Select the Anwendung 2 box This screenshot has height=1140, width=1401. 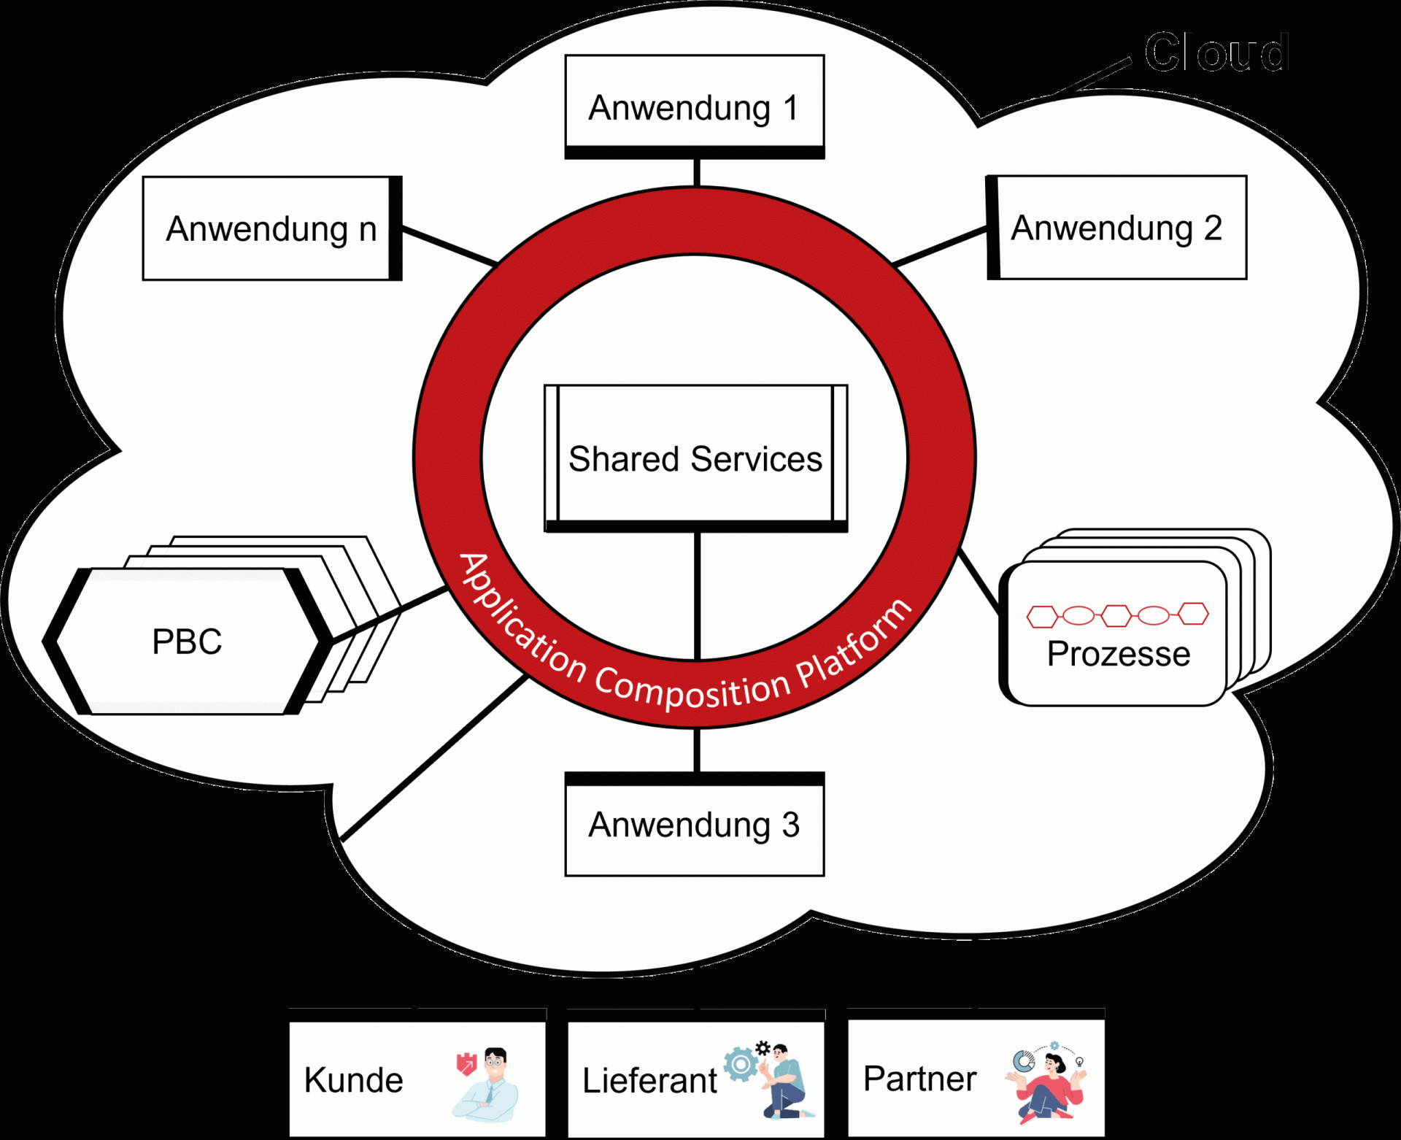1116,228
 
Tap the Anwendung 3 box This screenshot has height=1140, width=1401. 695,825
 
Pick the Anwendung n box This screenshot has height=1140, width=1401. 271,228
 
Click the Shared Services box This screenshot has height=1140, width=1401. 695,458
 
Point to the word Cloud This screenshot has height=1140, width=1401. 1216,53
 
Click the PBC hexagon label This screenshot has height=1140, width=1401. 187,642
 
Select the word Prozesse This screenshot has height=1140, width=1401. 1118,653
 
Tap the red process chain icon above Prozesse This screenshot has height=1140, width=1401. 1117,615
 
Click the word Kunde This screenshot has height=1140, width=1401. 354,1079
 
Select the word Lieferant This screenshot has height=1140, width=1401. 649,1080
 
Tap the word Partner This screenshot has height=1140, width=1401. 919,1078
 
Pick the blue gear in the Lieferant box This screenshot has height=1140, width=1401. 741,1064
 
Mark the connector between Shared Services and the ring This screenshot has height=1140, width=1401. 698,595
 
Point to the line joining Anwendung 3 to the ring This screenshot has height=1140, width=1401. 697,750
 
